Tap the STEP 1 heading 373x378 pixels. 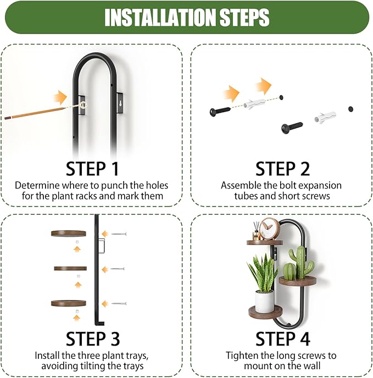(x=92, y=169)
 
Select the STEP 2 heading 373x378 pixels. (x=282, y=169)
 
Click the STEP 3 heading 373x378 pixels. (x=93, y=338)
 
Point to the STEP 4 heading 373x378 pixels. (x=282, y=338)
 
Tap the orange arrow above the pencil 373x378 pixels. (x=60, y=97)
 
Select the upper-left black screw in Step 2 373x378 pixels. (x=220, y=111)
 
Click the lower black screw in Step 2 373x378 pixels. (x=292, y=127)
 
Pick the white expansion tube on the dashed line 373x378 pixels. (x=254, y=103)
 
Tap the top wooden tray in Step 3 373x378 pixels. (x=69, y=234)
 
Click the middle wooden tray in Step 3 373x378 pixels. (x=70, y=268)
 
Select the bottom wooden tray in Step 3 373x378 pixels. (x=69, y=303)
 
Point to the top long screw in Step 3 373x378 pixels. (x=119, y=234)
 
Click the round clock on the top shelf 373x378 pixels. (x=270, y=229)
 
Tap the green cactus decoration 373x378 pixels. (x=298, y=264)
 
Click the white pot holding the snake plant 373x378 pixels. (x=264, y=301)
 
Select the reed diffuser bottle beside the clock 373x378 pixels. (x=256, y=235)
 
